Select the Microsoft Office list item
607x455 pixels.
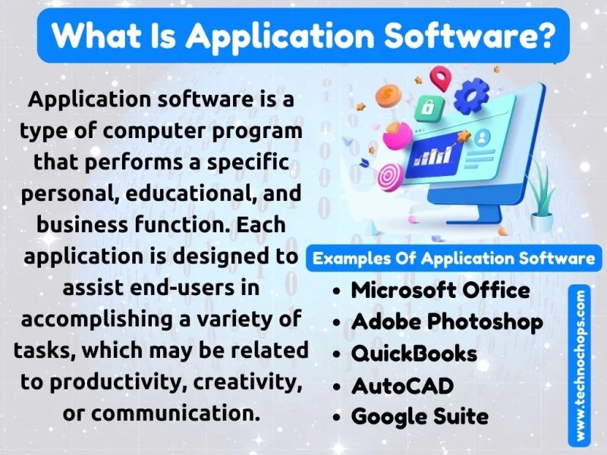coord(440,290)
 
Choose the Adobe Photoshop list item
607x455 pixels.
coord(447,322)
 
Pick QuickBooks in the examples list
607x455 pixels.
coord(414,353)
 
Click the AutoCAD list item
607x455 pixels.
coord(402,386)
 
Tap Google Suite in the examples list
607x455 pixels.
coord(420,416)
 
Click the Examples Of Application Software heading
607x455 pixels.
coord(454,259)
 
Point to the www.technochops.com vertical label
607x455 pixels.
coord(580,366)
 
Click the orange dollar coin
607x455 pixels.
coord(388,95)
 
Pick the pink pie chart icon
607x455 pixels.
coord(397,135)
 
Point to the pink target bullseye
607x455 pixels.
coord(389,177)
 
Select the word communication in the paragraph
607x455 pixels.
coord(175,413)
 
